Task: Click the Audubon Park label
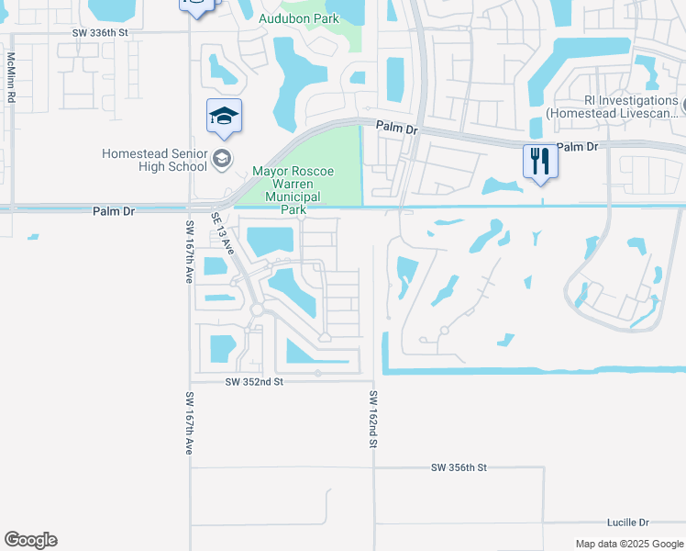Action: coord(298,18)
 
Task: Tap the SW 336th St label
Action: coord(108,32)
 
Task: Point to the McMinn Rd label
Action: coord(12,76)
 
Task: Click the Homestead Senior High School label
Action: coord(154,160)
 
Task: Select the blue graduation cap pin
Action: coord(224,117)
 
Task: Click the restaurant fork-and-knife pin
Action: coord(540,162)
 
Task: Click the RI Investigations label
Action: coord(612,107)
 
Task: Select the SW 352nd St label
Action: coord(253,381)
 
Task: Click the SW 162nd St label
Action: coord(373,419)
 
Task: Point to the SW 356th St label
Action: coord(459,467)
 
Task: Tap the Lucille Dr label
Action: coord(627,522)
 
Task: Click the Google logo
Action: coord(30,540)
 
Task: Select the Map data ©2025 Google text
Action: coord(629,544)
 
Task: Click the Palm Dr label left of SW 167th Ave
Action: coord(115,211)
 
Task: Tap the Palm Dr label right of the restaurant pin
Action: coord(577,147)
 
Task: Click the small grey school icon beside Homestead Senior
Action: coord(221,160)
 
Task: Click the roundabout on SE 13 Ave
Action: coord(257,310)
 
